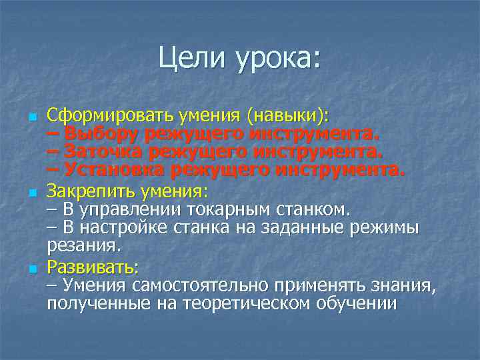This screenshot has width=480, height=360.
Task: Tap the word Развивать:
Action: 93,267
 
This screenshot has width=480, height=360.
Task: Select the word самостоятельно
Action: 207,286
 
